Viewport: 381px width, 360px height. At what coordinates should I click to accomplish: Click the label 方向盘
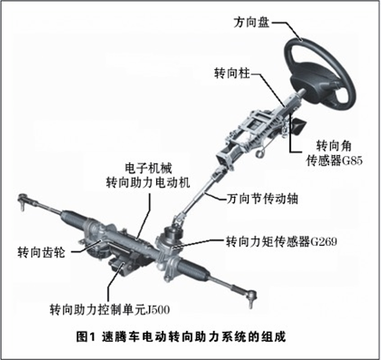click(252, 22)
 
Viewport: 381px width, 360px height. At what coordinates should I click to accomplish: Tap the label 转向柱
click(232, 73)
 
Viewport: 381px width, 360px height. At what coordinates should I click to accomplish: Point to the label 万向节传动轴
click(262, 199)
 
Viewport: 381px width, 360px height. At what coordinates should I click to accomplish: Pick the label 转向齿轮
click(42, 252)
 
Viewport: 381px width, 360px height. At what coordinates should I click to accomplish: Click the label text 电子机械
click(148, 168)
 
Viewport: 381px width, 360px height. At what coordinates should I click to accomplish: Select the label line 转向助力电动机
click(148, 183)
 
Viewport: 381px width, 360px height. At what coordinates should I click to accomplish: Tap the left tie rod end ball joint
click(22, 200)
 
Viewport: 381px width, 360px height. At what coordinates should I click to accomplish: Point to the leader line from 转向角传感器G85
click(291, 136)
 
